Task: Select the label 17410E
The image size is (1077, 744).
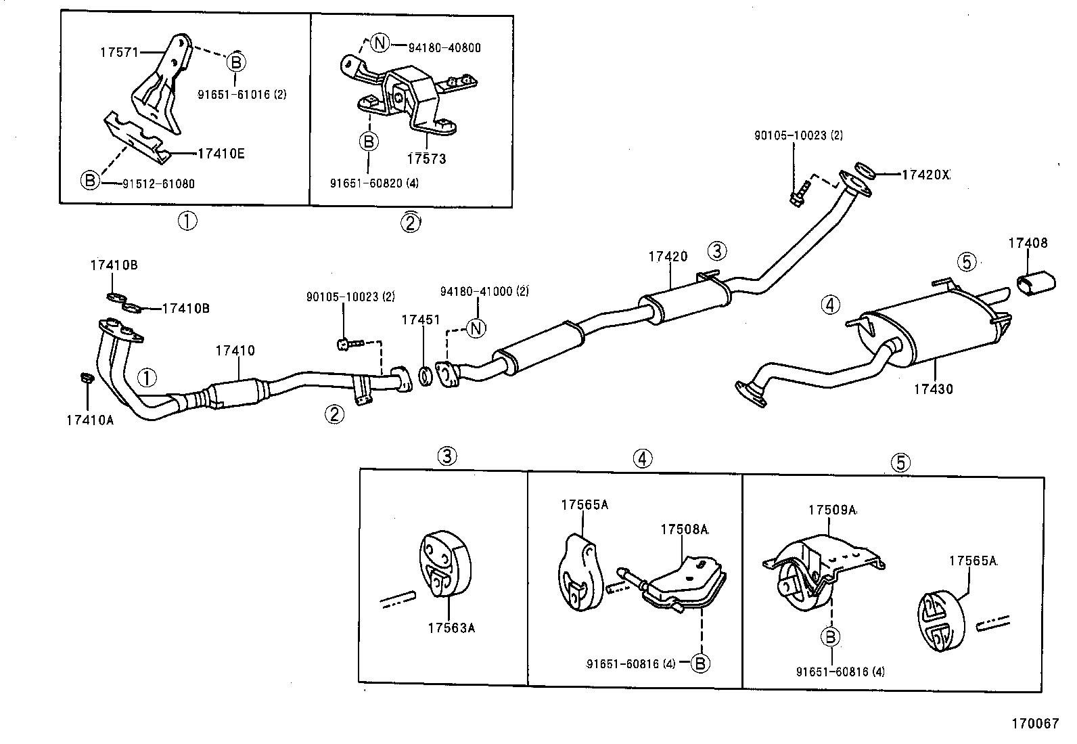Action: pyautogui.click(x=221, y=154)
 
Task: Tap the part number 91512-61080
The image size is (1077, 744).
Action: pyautogui.click(x=158, y=183)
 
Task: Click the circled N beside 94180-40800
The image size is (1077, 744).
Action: pyautogui.click(x=380, y=44)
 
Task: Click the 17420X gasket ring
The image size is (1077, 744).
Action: pyautogui.click(x=865, y=170)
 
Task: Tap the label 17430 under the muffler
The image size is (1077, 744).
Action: pyautogui.click(x=933, y=389)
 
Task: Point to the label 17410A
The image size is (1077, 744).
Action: pyautogui.click(x=90, y=420)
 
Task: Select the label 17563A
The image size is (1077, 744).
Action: pyautogui.click(x=451, y=628)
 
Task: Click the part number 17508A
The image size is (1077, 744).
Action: pyautogui.click(x=684, y=529)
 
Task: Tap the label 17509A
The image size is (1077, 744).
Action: pyautogui.click(x=832, y=510)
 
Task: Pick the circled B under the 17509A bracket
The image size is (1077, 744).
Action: pyautogui.click(x=830, y=636)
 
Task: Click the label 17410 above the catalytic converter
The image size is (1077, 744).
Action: pyautogui.click(x=235, y=351)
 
